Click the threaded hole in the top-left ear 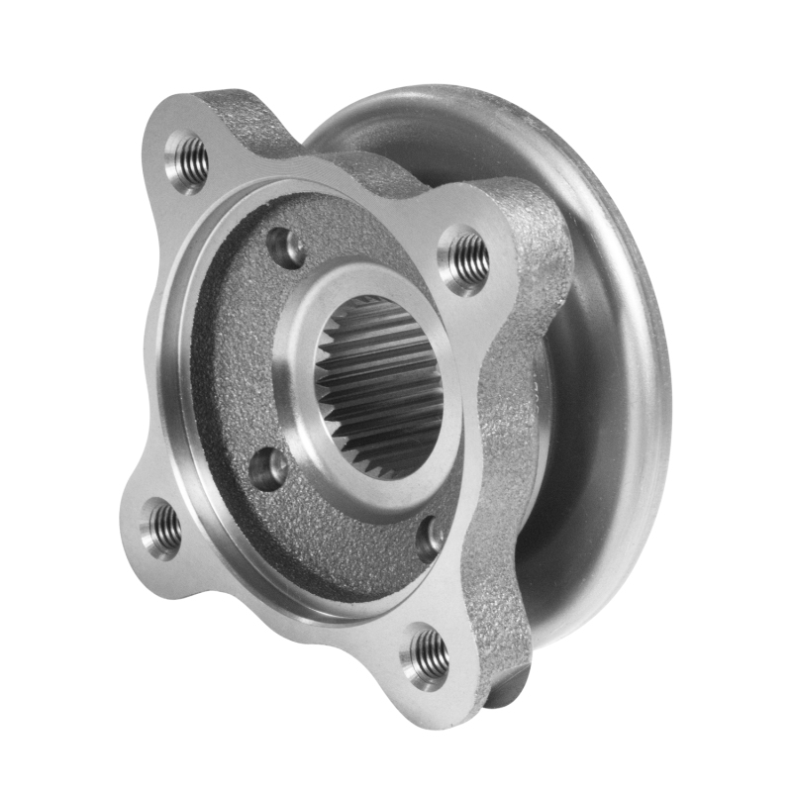188,159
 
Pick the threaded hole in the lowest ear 427,652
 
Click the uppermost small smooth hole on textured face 287,247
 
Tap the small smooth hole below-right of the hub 430,539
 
